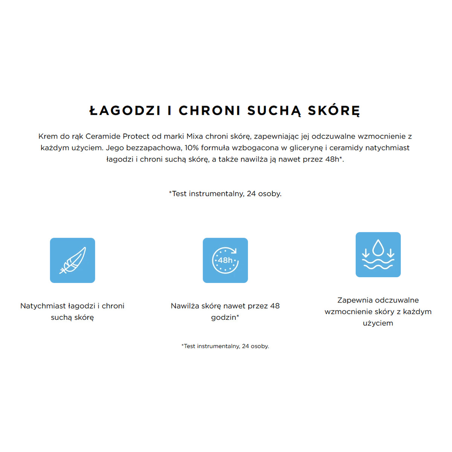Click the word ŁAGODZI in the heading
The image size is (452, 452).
click(x=125, y=111)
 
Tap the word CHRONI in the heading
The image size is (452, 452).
click(x=209, y=111)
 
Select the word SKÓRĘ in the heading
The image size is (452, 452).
click(x=334, y=111)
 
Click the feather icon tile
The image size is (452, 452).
click(x=72, y=260)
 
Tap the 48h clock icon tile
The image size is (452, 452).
click(x=225, y=260)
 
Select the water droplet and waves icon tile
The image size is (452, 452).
click(x=378, y=255)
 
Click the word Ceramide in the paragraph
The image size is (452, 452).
click(x=103, y=136)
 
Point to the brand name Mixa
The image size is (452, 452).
click(x=194, y=136)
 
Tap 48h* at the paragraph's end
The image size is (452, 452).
click(x=334, y=159)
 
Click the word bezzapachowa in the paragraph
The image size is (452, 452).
click(x=154, y=148)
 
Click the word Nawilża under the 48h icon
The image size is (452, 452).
click(x=185, y=306)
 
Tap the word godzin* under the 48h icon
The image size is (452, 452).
click(x=225, y=318)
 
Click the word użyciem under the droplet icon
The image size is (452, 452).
click(x=378, y=323)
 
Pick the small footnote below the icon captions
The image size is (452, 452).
click(x=225, y=346)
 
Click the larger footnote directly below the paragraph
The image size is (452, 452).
click(x=225, y=194)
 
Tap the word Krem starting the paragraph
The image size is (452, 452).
click(x=48, y=136)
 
